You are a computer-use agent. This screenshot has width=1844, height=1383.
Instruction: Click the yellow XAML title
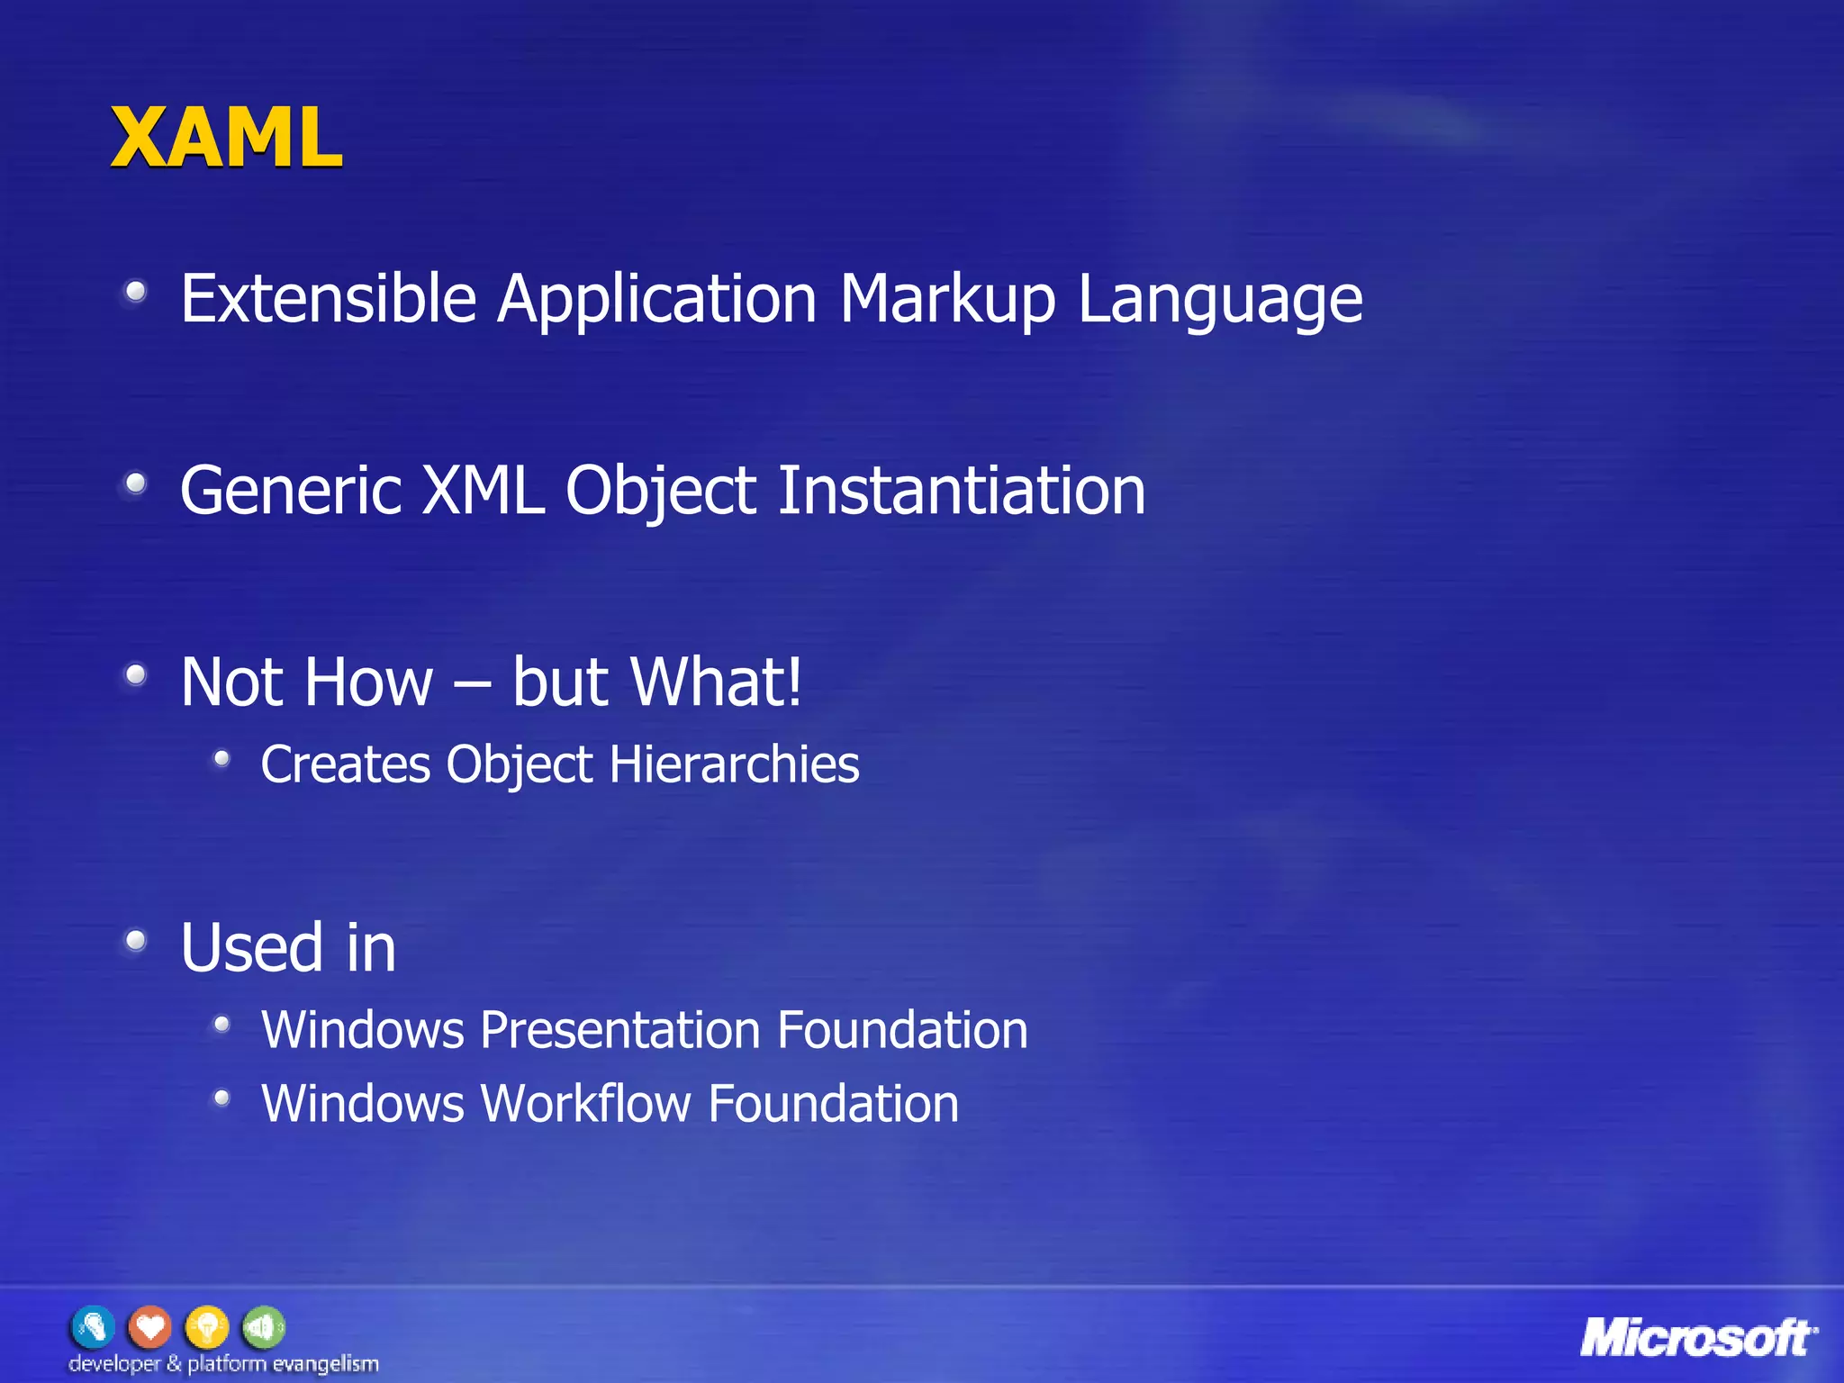[226, 138]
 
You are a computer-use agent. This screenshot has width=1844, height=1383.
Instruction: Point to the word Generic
[290, 491]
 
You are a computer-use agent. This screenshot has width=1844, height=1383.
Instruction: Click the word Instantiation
[961, 491]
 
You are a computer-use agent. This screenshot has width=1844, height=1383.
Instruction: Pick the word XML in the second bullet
[484, 491]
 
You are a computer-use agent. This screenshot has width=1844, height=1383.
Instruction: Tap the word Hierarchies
[734, 764]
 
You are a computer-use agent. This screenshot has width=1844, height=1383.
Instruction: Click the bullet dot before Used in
[136, 942]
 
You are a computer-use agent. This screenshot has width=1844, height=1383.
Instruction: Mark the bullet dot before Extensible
[136, 292]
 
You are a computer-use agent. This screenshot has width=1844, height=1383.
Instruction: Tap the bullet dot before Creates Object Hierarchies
[221, 760]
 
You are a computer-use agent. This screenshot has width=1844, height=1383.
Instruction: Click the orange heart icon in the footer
[149, 1326]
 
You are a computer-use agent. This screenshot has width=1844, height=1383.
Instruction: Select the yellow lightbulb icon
[207, 1326]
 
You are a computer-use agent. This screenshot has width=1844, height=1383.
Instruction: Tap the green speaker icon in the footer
[264, 1326]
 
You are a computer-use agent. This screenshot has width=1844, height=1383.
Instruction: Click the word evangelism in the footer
[325, 1364]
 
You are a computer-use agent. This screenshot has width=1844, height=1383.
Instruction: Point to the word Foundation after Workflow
[834, 1104]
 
